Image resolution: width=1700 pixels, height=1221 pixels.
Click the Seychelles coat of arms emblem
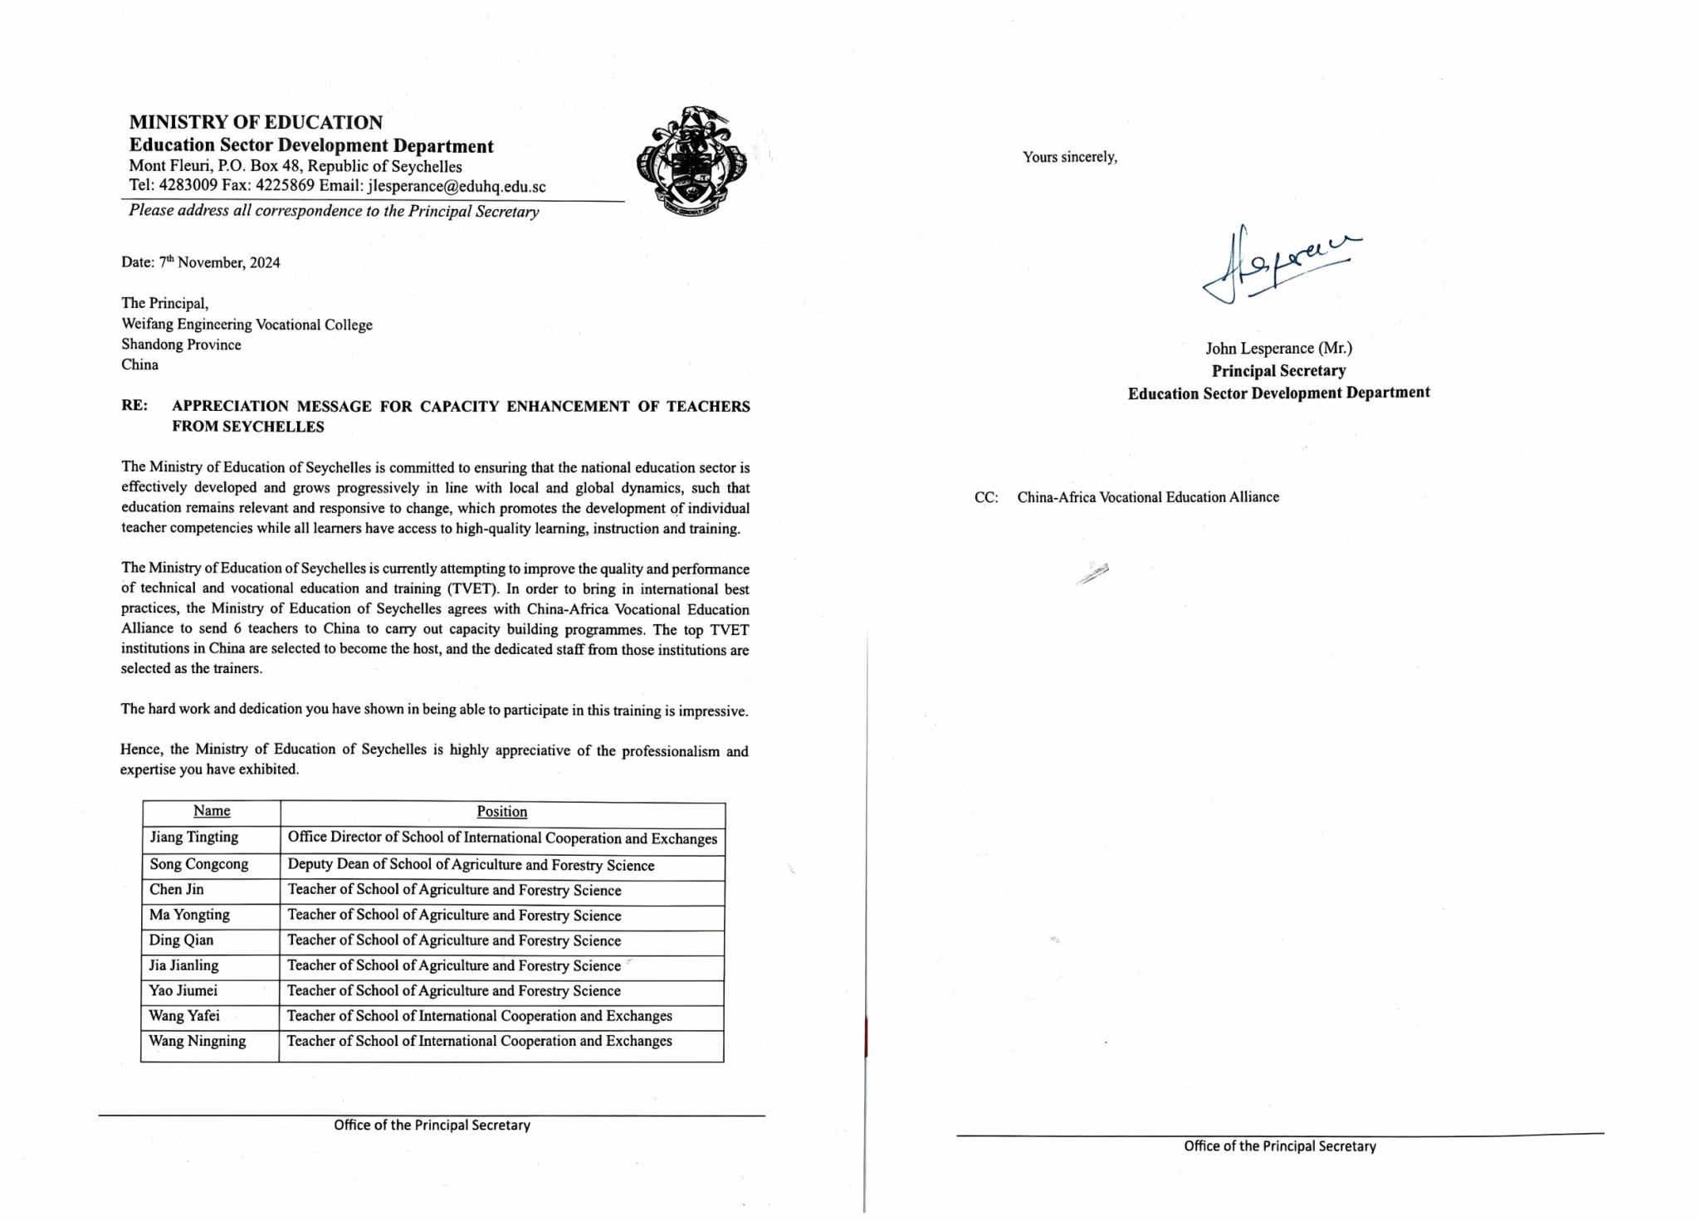pos(691,161)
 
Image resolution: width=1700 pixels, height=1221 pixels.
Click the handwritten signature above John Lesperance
pos(1278,261)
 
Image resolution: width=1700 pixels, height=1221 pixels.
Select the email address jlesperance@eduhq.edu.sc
pos(457,187)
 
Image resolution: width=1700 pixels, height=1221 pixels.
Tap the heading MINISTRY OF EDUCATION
pos(256,123)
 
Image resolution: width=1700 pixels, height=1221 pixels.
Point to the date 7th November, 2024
pos(220,263)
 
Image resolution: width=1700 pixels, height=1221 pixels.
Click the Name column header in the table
pos(212,812)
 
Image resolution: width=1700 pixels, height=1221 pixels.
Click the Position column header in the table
pos(501,812)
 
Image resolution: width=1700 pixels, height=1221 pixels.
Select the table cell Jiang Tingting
pos(194,838)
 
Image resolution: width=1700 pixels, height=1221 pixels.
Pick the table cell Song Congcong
pos(199,864)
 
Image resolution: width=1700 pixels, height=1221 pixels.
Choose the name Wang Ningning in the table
pos(198,1042)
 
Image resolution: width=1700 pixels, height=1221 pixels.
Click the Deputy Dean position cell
pos(471,865)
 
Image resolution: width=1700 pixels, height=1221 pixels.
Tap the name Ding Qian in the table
pos(182,940)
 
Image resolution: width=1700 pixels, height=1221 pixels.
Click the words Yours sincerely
pos(1070,157)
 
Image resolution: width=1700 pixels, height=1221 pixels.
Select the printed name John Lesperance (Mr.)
pos(1278,349)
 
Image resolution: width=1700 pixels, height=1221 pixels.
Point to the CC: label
pos(986,498)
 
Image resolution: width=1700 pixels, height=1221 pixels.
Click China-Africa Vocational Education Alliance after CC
pos(1148,497)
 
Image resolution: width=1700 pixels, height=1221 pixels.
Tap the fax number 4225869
pos(285,186)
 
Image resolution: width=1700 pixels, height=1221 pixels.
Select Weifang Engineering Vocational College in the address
pos(247,325)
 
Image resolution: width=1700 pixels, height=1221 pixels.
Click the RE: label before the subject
pos(134,406)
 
